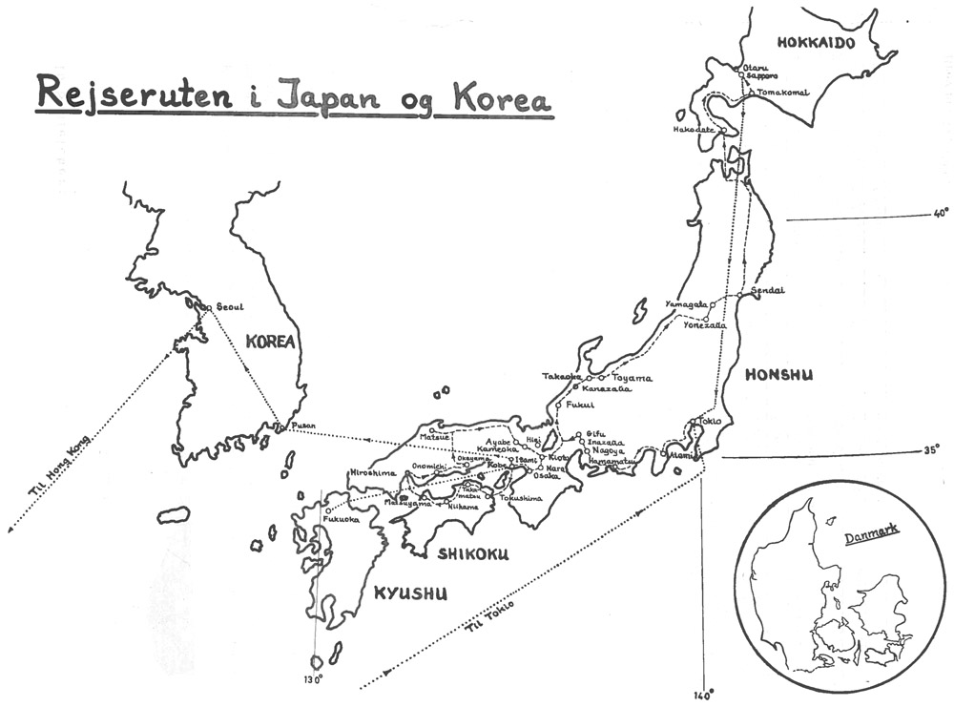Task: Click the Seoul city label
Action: click(x=231, y=306)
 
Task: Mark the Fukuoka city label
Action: click(x=341, y=520)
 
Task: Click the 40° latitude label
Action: click(x=942, y=214)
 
